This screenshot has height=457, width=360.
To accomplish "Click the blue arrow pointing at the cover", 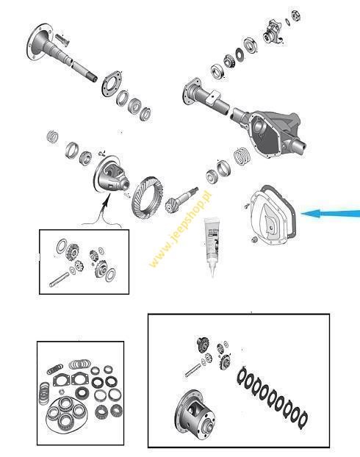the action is pos(331,214).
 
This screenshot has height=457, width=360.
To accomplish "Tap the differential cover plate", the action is pos(273,216).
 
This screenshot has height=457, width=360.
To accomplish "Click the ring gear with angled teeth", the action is pos(147,198).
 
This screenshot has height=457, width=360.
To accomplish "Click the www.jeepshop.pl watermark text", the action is pos(180,229).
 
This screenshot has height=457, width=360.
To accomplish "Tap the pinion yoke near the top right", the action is pos(274,32).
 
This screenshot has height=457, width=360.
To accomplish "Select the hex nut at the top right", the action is pos(296,15).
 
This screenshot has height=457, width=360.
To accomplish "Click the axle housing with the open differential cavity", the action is pos(245,117).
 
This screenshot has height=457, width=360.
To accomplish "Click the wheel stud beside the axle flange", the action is pos(62,39).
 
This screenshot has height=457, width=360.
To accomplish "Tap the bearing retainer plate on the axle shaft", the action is pos(112,83).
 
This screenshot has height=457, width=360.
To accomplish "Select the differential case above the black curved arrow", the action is pos(111,175).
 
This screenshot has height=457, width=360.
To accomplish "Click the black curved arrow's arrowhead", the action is pos(107,198).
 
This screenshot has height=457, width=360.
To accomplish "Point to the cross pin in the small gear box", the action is pos(60,279).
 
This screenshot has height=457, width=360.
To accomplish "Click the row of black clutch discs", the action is pos(272,396).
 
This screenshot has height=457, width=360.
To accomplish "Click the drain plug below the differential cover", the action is pos(254,240).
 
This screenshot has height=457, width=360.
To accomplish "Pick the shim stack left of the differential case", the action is pos(53,137).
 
